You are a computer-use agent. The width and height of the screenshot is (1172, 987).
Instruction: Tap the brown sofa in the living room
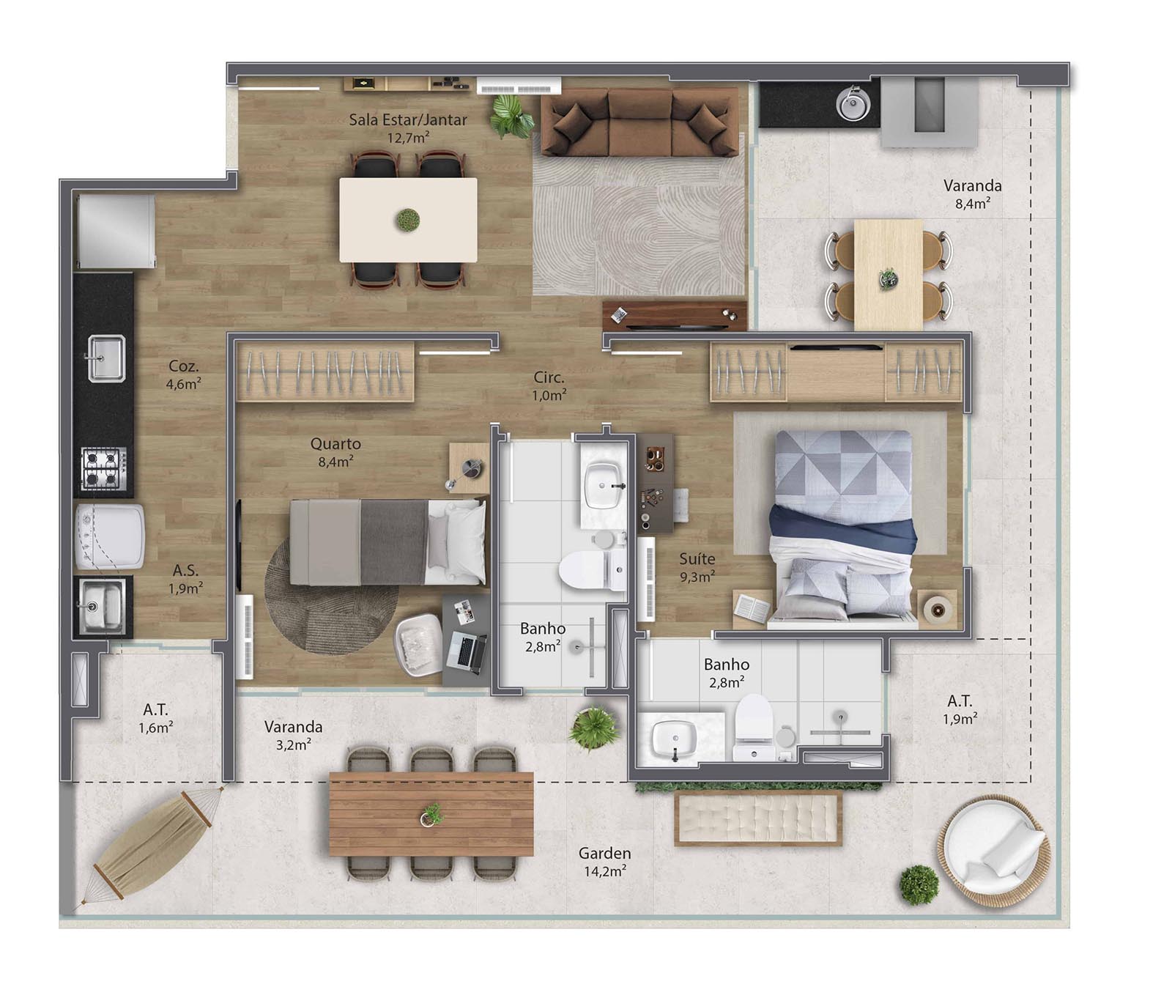(x=639, y=122)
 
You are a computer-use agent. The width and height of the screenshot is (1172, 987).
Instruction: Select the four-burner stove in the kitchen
(x=103, y=468)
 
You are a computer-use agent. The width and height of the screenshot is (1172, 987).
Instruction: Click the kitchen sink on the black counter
(x=106, y=358)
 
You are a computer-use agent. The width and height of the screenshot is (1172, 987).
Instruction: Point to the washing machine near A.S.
(x=110, y=536)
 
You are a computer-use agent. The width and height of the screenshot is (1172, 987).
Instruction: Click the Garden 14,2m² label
(x=604, y=862)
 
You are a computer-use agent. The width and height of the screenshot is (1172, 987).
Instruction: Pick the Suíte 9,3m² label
(x=697, y=567)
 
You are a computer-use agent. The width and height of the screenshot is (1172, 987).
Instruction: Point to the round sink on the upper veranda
(x=853, y=103)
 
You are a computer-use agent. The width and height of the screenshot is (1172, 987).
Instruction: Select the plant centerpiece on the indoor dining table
(x=408, y=219)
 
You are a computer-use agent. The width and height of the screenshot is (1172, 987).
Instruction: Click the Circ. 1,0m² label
(x=549, y=386)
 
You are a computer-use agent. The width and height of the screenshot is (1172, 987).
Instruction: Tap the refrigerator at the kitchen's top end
(x=116, y=232)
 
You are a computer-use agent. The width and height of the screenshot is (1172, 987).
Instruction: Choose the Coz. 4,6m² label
(x=183, y=374)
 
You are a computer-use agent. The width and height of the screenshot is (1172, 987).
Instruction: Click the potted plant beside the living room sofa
(x=511, y=116)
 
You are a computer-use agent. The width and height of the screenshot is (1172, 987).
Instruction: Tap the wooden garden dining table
(x=431, y=813)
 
